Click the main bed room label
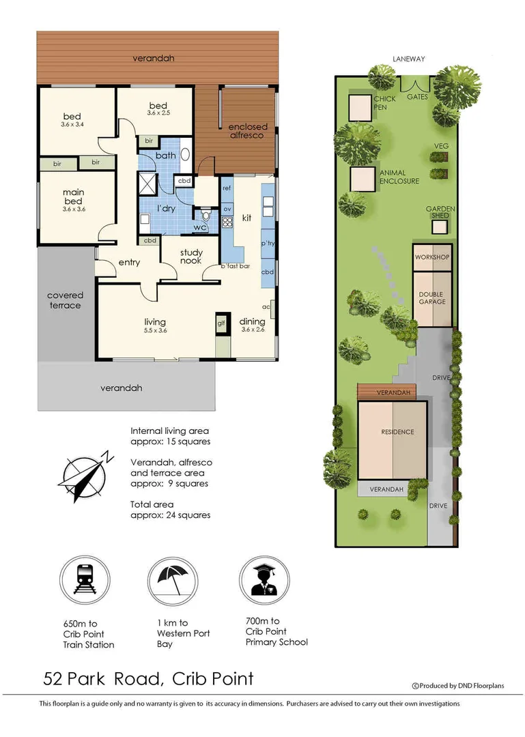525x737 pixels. [x=73, y=197]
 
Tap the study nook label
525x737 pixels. [x=191, y=257]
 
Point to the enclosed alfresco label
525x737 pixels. [x=248, y=131]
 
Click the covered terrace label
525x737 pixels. [x=65, y=300]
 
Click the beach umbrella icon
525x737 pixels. [x=172, y=580]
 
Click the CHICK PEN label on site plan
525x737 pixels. [x=384, y=103]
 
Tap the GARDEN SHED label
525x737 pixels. [x=440, y=212]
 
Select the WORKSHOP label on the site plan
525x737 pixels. [x=432, y=257]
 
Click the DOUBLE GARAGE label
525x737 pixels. [x=432, y=298]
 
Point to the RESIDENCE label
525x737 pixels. [x=397, y=432]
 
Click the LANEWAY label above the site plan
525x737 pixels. [x=408, y=59]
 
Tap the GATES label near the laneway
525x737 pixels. [x=417, y=97]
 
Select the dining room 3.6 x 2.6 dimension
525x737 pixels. [x=252, y=330]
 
